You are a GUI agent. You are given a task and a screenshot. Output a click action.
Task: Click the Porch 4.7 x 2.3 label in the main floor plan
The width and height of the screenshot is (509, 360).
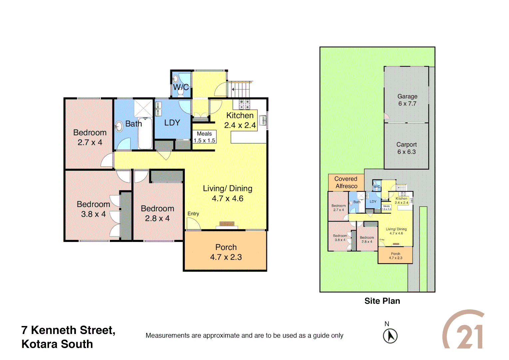(x=226, y=252)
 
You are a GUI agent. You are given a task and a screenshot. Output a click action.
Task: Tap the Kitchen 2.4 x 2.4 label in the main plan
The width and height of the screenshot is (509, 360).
(x=240, y=120)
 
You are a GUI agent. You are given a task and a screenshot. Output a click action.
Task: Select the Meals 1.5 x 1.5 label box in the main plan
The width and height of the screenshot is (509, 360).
(x=205, y=137)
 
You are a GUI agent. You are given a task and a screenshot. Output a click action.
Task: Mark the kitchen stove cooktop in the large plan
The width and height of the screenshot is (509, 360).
(x=245, y=104)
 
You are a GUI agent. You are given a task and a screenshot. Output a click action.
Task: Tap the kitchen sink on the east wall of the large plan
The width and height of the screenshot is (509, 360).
(x=263, y=120)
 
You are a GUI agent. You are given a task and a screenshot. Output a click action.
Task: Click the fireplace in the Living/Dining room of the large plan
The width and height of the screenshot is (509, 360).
(x=227, y=224)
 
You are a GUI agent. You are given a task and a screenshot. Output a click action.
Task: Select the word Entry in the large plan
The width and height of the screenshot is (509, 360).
(x=193, y=214)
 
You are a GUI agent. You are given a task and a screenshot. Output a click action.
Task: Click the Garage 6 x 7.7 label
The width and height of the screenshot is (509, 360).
(x=407, y=100)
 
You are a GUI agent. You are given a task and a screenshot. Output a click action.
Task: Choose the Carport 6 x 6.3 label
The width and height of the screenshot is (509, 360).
(x=406, y=148)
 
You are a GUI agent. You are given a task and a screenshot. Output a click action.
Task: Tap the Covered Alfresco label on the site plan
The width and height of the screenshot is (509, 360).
(x=346, y=183)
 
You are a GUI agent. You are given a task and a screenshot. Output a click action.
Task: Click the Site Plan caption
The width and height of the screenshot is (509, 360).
(x=382, y=301)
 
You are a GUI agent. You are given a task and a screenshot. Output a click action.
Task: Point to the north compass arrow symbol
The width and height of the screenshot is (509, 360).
(x=390, y=336)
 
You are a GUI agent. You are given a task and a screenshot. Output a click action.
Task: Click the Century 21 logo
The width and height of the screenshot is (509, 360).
(x=464, y=330)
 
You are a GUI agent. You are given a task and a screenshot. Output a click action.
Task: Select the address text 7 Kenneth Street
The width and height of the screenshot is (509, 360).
(x=68, y=330)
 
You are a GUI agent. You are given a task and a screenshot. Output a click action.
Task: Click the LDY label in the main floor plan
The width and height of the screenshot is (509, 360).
(x=172, y=123)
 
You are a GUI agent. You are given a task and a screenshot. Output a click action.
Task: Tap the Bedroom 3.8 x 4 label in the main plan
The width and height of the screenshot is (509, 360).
(x=93, y=209)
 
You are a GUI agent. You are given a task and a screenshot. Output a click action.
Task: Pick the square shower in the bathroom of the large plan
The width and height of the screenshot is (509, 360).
(x=144, y=108)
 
